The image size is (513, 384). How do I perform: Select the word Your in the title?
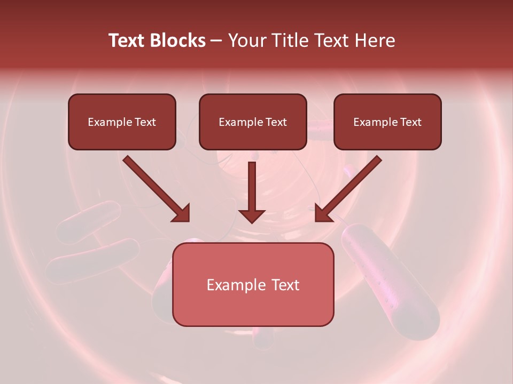[x=246, y=41]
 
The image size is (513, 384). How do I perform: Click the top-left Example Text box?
[x=122, y=122]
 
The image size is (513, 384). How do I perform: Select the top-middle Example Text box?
[x=253, y=122]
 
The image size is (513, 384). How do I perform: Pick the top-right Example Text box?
[x=387, y=122]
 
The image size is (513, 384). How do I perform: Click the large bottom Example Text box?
[x=253, y=285]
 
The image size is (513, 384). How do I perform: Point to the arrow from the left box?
[x=155, y=188]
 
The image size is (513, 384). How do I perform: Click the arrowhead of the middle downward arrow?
[x=252, y=215]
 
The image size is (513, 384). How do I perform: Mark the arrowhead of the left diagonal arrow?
[x=182, y=213]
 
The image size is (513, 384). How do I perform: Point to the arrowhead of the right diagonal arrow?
[x=323, y=213]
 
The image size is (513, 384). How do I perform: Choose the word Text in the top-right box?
[x=410, y=122]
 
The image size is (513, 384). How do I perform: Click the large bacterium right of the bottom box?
[x=393, y=277]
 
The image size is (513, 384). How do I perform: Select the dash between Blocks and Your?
[x=216, y=41]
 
